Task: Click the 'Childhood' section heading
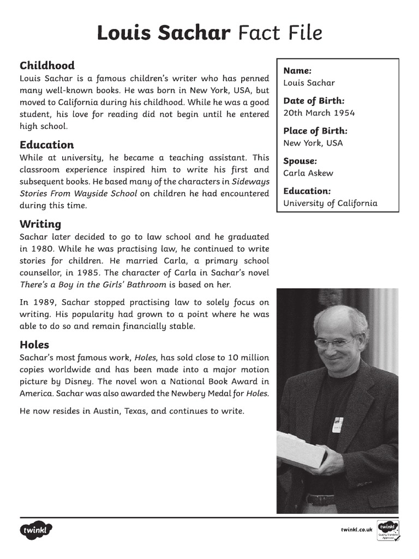point(47,66)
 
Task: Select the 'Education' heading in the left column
point(46,145)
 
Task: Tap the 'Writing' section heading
point(40,224)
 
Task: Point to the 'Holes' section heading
point(34,344)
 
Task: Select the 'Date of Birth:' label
point(314,100)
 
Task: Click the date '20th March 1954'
point(319,113)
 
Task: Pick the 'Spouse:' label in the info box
point(300,161)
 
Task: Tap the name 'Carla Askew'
point(308,173)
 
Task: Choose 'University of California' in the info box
point(330,203)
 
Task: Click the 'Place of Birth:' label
point(315,130)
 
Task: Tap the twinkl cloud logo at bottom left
point(37,530)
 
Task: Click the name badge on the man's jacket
point(338,424)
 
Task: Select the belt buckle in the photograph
point(313,499)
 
